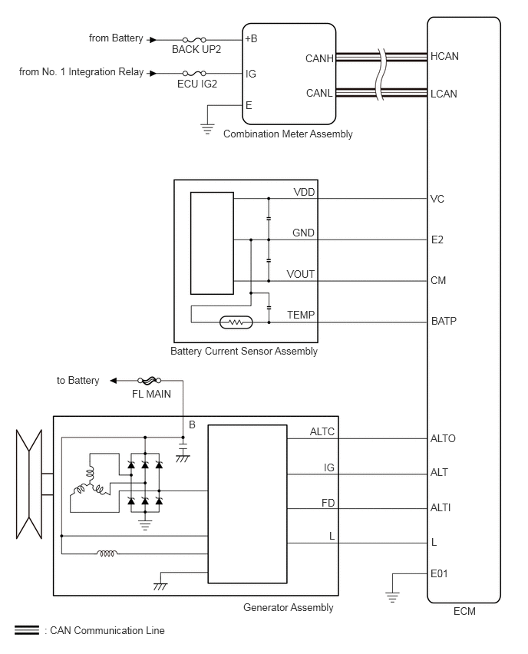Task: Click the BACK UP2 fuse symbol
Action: coord(194,40)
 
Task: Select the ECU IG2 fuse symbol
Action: coord(194,74)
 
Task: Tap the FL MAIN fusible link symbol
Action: coord(150,381)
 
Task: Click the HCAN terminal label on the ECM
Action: coord(444,56)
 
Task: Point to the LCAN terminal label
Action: coord(444,94)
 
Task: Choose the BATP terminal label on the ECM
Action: coord(444,321)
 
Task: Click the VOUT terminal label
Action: coord(300,274)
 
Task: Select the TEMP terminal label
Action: coord(301,315)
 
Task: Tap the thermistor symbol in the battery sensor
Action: coord(236,322)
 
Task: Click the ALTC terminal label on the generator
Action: coord(322,431)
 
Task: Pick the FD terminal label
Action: coord(328,503)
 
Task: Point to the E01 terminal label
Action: coord(439,574)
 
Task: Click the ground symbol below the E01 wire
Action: coord(392,597)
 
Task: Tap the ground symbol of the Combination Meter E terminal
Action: coord(207,129)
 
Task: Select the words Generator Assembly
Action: coord(289,608)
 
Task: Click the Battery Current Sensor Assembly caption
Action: coord(244,352)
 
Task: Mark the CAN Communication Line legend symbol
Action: coord(27,630)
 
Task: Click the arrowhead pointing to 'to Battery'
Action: coord(114,381)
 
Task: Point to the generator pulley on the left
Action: coord(29,484)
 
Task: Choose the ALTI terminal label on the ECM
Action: coord(441,507)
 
